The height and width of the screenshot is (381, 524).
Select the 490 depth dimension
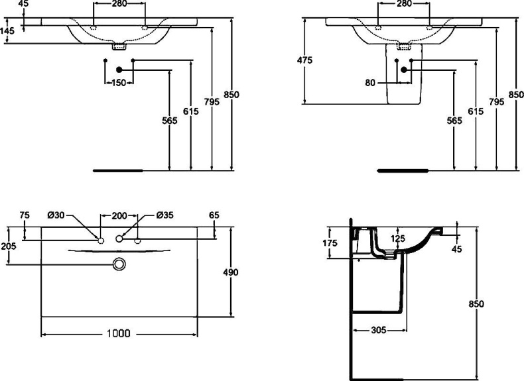[231, 272]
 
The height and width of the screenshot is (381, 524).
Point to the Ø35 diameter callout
[164, 215]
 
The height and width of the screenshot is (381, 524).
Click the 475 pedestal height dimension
[304, 60]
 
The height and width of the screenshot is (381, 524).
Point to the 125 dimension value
[397, 238]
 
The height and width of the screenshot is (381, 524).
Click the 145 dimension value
[8, 30]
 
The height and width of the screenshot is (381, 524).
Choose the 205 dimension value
[8, 246]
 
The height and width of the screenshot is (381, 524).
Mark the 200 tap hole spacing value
[119, 215]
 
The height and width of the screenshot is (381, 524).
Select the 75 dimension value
[25, 215]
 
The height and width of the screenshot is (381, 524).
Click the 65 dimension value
[214, 215]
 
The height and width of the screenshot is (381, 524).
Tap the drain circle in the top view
[119, 264]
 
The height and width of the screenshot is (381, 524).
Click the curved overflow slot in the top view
[119, 251]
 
